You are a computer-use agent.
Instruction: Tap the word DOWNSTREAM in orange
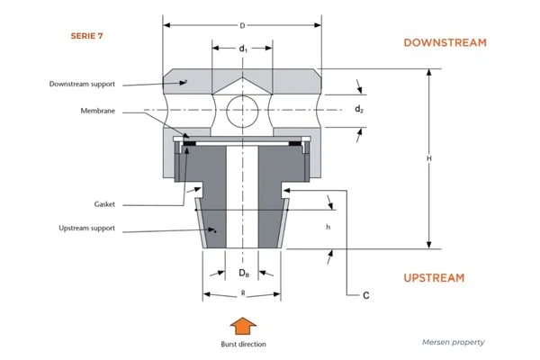[x=445, y=42]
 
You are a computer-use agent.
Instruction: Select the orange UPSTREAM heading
[x=434, y=277]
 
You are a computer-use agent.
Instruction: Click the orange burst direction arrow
[x=243, y=325]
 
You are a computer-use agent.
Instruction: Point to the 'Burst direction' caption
[x=243, y=343]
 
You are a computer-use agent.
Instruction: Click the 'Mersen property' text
[x=453, y=342]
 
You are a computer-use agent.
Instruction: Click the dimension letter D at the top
[x=243, y=25]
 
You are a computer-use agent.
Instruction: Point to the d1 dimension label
[x=243, y=49]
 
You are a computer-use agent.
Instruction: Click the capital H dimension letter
[x=430, y=158]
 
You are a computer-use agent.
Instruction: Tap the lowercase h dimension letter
[x=328, y=227]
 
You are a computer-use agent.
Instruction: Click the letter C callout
[x=366, y=294]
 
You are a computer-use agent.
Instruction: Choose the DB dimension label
[x=243, y=273]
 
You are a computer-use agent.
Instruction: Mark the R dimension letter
[x=243, y=293]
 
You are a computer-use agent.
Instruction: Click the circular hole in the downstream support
[x=243, y=111]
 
